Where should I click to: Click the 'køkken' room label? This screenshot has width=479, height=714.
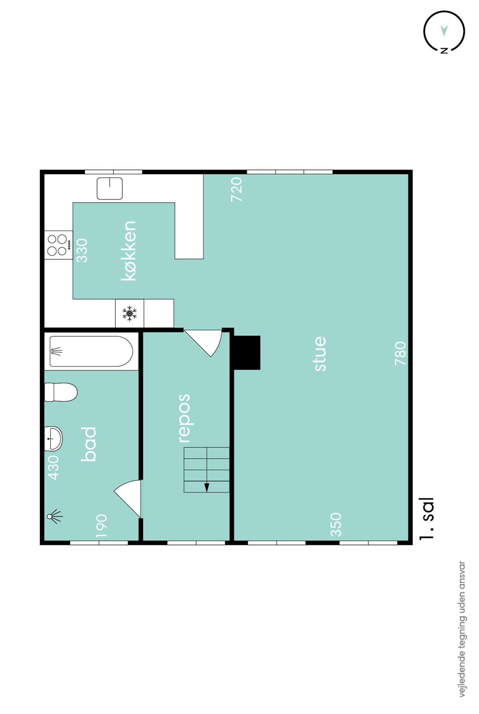tap(129, 251)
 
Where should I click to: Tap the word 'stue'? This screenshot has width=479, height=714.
tap(320, 354)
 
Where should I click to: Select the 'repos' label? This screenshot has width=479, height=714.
tap(184, 418)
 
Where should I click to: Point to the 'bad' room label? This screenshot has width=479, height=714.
tap(89, 444)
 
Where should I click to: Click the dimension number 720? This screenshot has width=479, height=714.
tap(236, 189)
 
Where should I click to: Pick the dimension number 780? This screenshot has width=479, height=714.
tap(400, 353)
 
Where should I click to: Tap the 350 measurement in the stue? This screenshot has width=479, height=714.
tap(336, 525)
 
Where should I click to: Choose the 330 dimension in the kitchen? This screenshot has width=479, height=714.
tap(82, 250)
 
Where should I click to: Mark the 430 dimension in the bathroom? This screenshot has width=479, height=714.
tap(53, 467)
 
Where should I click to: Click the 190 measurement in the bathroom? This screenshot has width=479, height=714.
tap(101, 526)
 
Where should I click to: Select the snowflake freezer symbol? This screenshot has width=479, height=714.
tap(130, 313)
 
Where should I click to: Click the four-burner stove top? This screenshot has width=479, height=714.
tap(59, 245)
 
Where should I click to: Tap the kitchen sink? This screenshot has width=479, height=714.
tap(109, 188)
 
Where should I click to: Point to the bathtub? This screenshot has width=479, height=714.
tap(91, 351)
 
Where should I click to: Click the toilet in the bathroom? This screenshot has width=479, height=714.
tap(61, 392)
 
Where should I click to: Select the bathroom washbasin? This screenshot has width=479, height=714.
tap(53, 439)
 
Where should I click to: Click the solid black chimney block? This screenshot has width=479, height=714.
tap(247, 353)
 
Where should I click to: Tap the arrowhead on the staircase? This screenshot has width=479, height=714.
tap(207, 488)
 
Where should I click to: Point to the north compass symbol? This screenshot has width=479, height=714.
tap(444, 31)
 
